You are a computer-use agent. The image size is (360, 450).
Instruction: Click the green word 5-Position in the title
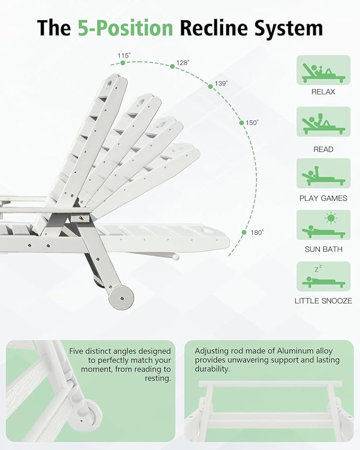[126, 28]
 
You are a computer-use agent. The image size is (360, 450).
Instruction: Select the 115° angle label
[124, 55]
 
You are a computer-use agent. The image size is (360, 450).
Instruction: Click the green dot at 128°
[172, 67]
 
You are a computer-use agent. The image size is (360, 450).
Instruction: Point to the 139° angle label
[221, 83]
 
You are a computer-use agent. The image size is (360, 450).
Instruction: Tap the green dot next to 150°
[242, 123]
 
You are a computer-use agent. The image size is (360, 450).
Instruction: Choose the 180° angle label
[257, 233]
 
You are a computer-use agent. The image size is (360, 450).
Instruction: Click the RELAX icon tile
[323, 70]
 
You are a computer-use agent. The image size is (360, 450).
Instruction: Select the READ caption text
[323, 149]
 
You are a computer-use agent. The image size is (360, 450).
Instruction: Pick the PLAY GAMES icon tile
[323, 173]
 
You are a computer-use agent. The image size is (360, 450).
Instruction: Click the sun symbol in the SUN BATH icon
[331, 218]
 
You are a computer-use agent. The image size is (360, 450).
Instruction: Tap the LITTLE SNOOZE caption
[323, 301]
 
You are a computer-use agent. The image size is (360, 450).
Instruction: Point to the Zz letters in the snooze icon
[318, 269]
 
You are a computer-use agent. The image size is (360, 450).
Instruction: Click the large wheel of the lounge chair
[121, 297]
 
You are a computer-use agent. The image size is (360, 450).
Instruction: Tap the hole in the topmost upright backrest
[110, 84]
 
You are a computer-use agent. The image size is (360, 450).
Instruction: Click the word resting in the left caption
[157, 378]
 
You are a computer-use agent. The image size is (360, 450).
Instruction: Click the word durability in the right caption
[213, 369]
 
